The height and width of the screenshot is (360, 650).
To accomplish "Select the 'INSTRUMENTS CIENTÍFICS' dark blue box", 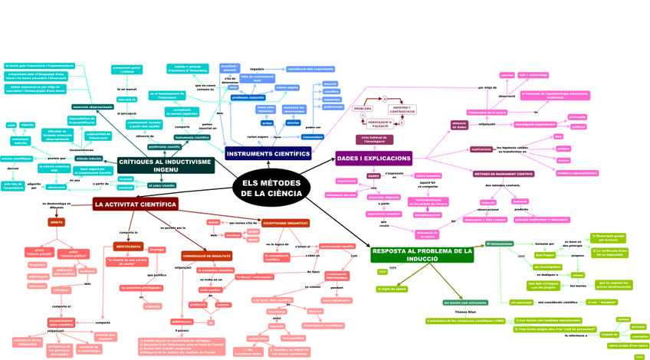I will click(x=268, y=154).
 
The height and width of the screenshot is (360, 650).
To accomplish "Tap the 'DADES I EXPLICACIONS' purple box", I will click(x=373, y=159).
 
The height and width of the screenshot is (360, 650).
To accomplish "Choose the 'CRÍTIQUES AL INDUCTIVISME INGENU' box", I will click(x=166, y=165).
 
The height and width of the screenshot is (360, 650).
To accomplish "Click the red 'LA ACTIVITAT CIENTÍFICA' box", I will click(x=136, y=205).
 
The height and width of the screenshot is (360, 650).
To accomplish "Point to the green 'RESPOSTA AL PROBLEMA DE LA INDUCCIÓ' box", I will click(x=422, y=254).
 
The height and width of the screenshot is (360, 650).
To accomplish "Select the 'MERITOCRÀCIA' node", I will click(x=128, y=247).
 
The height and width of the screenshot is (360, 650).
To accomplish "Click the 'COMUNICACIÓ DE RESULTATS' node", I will click(x=206, y=256).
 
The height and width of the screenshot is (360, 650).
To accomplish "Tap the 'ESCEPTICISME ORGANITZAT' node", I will click(x=285, y=223).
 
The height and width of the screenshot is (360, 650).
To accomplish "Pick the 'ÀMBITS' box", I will click(x=57, y=222).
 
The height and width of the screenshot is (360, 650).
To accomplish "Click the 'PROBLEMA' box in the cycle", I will click(x=363, y=109).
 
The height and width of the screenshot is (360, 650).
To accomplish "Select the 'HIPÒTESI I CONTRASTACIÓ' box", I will click(x=402, y=110).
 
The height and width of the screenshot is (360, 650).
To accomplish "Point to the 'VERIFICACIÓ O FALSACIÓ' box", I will click(x=380, y=123).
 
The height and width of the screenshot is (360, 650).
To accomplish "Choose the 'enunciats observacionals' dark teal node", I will click(x=93, y=107).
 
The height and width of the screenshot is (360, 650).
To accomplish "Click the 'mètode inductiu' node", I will click(x=89, y=159).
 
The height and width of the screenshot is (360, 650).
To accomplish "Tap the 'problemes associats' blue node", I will click(x=248, y=97).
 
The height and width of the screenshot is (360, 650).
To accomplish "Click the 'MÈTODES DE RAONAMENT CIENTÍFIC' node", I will click(x=504, y=174).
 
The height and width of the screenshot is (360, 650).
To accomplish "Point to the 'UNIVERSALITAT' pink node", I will click(x=428, y=215).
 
